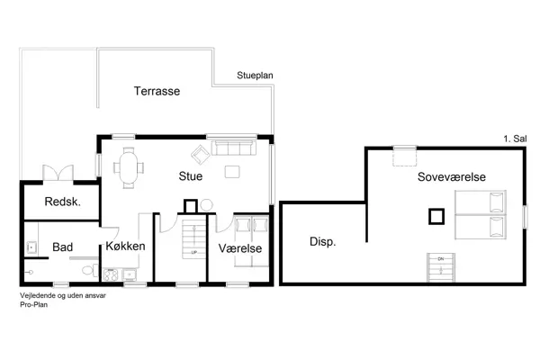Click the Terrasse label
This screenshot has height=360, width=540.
pos(158,91)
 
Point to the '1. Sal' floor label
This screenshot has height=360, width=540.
pos(515,139)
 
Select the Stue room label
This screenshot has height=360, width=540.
pos(191,176)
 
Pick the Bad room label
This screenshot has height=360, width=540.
pos(63,246)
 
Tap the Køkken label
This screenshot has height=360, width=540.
pos(125,246)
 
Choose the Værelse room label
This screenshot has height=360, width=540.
pos(239,247)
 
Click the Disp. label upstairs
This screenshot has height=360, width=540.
pos(322,241)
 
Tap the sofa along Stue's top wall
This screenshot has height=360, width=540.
pos(232,147)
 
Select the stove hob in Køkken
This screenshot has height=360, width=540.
pos(130,274)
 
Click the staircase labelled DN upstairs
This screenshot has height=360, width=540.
pos(441,267)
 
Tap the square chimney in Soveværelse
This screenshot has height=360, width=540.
pos(436,216)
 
